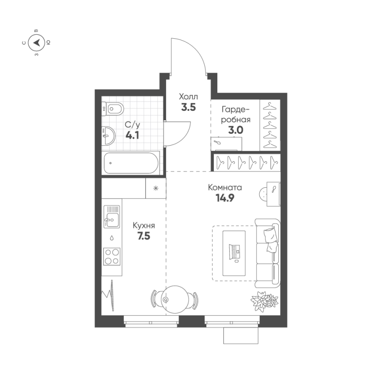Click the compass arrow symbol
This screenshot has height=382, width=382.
pyautogui.click(x=36, y=43)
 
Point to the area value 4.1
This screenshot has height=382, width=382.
pyautogui.click(x=132, y=135)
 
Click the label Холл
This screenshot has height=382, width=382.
pyautogui.click(x=188, y=96)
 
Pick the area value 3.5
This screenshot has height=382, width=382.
pyautogui.click(x=188, y=107)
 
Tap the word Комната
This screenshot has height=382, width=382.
pyautogui.click(x=225, y=188)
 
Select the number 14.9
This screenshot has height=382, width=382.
pyautogui.click(x=225, y=198)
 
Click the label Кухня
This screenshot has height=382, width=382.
pyautogui.click(x=144, y=226)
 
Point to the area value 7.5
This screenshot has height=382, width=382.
pyautogui.click(x=144, y=236)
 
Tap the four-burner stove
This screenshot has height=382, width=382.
pyautogui.click(x=112, y=256)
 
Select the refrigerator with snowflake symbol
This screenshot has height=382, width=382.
pyautogui.click(x=155, y=188)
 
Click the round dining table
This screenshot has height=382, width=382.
pyautogui.click(x=173, y=299)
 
